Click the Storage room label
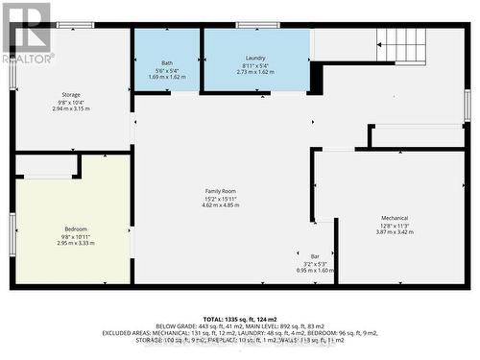click(x=70, y=95)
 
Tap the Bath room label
click(x=167, y=59)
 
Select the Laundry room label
click(x=255, y=59)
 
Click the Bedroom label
click(x=75, y=228)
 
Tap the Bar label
click(x=314, y=256)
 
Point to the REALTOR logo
click(x=27, y=32)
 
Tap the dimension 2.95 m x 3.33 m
click(x=75, y=243)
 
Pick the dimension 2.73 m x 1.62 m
click(x=255, y=72)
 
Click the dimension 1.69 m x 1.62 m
click(x=167, y=72)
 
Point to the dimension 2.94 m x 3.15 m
click(x=70, y=108)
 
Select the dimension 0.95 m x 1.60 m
click(x=314, y=271)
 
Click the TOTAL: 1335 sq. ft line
click(x=240, y=317)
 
